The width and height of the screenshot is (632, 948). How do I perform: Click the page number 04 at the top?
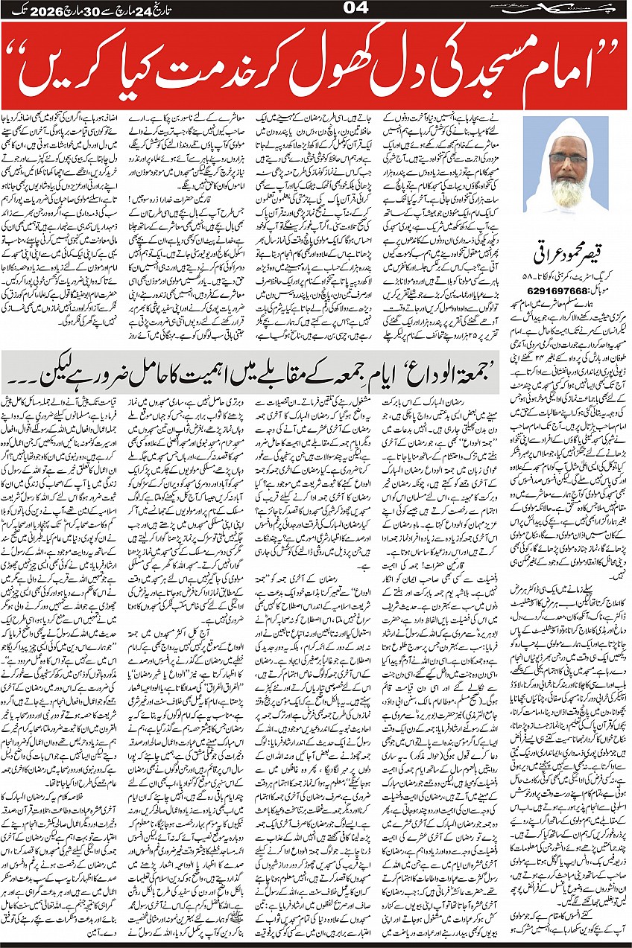(315, 8)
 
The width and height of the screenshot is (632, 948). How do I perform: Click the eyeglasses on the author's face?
(567, 159)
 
